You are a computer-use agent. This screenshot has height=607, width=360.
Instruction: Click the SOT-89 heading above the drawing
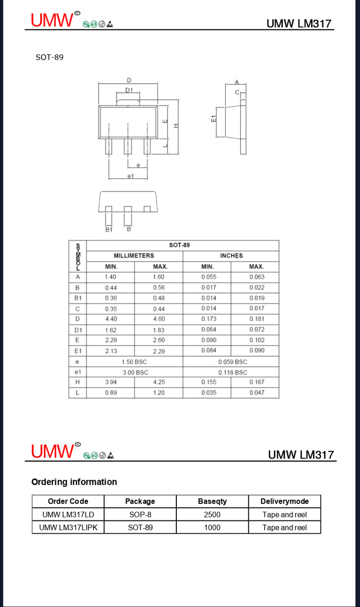click(x=50, y=57)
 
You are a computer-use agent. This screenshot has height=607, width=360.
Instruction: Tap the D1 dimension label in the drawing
click(x=129, y=90)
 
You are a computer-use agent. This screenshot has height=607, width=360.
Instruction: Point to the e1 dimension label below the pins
click(x=130, y=176)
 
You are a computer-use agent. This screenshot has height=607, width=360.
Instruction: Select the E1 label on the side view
click(x=214, y=119)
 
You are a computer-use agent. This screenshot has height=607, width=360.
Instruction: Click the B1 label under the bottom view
click(x=109, y=230)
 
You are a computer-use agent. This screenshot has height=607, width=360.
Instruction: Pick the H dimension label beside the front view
click(x=176, y=126)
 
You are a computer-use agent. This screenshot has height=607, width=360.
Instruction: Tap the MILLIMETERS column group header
click(x=134, y=255)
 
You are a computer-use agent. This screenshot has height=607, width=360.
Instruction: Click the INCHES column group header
click(x=231, y=255)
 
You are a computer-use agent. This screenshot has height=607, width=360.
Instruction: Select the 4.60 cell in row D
click(x=159, y=319)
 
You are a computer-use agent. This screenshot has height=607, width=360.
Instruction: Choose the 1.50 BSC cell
click(x=134, y=362)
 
